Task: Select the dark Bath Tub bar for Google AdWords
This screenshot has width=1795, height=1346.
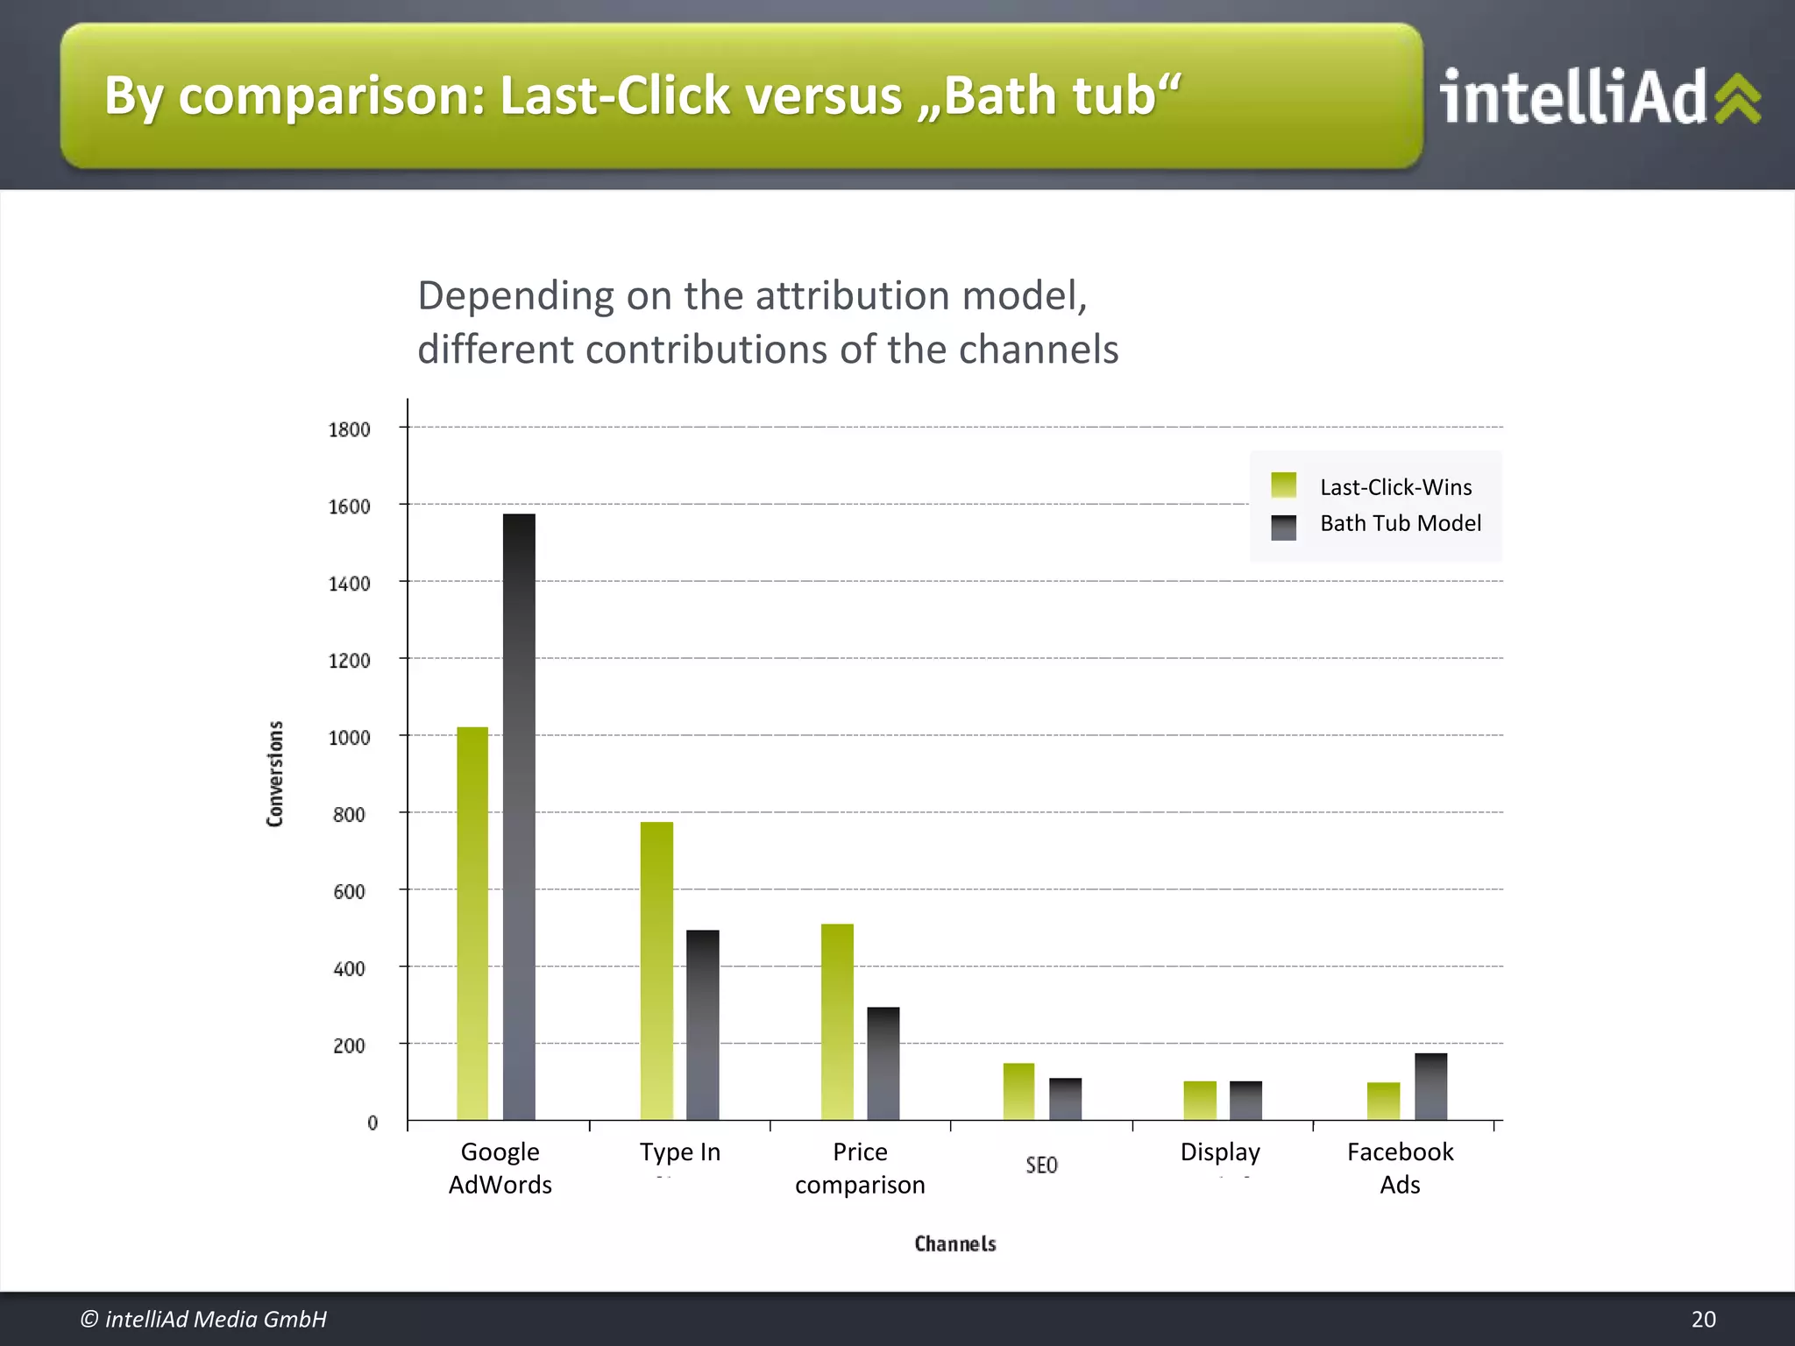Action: click(519, 816)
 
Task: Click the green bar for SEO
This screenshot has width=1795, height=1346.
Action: click(1018, 1091)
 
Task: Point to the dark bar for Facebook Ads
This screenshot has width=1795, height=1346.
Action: click(1430, 1086)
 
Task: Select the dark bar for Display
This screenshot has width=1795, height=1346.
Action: click(1245, 1100)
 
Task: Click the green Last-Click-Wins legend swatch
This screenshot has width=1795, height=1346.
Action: click(1283, 485)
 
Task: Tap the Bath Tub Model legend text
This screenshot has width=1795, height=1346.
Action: click(1400, 523)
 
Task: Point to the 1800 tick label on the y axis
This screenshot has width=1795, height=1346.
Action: click(349, 429)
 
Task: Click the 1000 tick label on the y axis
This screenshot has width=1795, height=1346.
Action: click(349, 738)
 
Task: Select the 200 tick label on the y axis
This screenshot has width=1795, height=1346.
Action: click(349, 1045)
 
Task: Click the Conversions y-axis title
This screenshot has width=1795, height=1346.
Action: click(275, 773)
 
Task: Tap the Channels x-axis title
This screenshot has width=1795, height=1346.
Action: click(955, 1243)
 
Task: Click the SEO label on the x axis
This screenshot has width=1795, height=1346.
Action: click(1041, 1165)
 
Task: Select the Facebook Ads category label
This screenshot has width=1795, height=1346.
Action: click(1400, 1167)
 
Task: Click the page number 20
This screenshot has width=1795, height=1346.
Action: click(1703, 1319)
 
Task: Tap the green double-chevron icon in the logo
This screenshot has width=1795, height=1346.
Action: click(1737, 98)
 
